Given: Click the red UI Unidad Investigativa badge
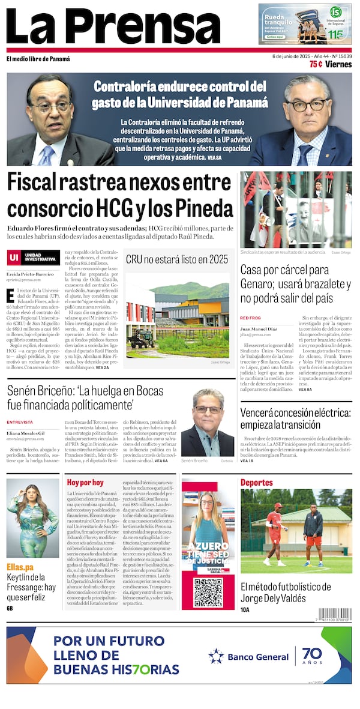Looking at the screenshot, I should tap(34, 258).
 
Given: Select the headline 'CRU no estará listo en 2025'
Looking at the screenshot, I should tap(177, 259).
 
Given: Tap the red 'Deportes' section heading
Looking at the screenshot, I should tap(257, 482).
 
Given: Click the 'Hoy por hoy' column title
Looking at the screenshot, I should tap(85, 482).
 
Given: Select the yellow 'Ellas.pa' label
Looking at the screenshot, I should tap(20, 567).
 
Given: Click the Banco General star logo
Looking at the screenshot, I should tap(216, 656).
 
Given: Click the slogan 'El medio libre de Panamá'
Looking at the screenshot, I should tap(38, 59).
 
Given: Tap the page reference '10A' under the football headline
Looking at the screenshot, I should tap(245, 609).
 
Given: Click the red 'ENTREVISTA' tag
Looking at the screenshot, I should tap(20, 422).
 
